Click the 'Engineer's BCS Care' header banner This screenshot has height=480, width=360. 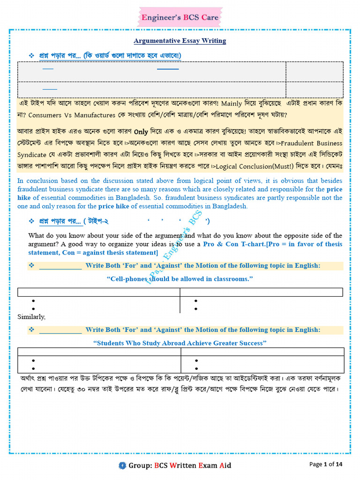point(180,18)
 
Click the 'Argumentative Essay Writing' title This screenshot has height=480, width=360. point(180,41)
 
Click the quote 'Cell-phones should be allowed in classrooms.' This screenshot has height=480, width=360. point(180,279)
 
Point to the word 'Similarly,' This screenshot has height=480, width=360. point(31,317)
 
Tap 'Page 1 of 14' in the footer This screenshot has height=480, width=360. point(326,464)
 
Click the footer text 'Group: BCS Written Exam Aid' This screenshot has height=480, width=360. point(180,465)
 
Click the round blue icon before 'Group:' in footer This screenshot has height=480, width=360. point(122,465)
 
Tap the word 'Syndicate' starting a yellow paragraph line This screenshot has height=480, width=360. point(31,155)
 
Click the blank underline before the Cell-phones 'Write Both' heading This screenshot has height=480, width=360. point(60,266)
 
